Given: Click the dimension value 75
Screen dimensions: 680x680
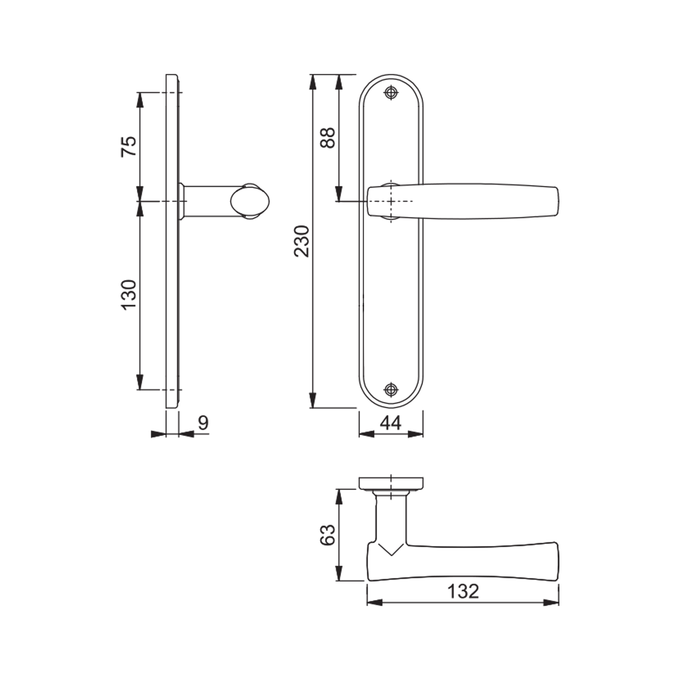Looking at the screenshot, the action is [x=129, y=146].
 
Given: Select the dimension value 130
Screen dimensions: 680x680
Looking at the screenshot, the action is [x=129, y=295].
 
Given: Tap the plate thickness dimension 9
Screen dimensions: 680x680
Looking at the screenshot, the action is [x=203, y=423].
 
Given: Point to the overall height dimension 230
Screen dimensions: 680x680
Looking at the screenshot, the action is [x=301, y=241].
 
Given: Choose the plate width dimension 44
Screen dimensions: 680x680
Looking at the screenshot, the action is [x=391, y=423].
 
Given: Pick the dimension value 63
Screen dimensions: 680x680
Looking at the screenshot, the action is [x=327, y=535].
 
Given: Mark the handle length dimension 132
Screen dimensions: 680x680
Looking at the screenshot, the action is [x=463, y=591].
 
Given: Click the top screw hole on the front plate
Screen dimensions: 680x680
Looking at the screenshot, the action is [x=391, y=93].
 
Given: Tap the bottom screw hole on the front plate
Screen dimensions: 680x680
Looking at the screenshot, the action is [x=391, y=389].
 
